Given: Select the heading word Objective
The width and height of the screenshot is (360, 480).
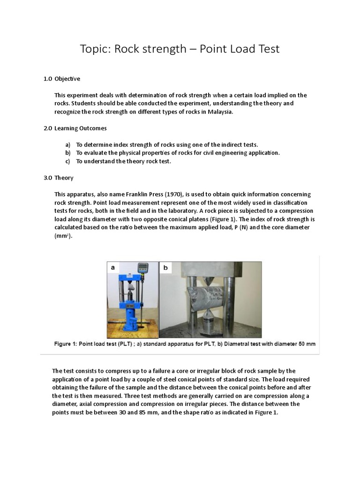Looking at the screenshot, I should coord(67,78).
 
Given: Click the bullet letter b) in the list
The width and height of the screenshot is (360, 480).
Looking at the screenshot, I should coord(68,153).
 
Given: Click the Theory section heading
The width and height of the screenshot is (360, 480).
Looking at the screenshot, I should coord(64,178).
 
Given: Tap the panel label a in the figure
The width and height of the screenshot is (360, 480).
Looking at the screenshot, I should coord(112,268).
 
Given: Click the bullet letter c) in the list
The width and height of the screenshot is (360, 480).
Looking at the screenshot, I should coord(67,161).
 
